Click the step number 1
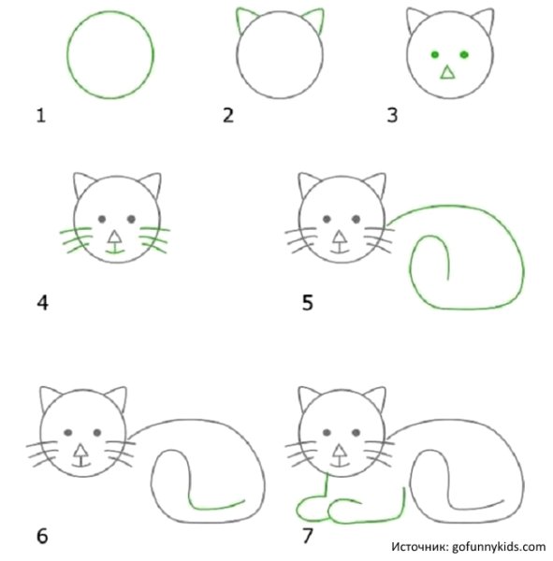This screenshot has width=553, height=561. [x=40, y=116]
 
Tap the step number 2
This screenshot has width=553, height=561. [x=227, y=116]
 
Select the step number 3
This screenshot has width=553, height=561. [x=392, y=116]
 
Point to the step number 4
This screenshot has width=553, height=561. [x=41, y=303]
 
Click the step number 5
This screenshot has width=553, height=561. [x=308, y=303]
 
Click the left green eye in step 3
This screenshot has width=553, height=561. [x=434, y=55]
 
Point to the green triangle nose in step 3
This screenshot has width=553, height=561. [x=448, y=73]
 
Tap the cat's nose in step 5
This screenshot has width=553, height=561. [x=339, y=237]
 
